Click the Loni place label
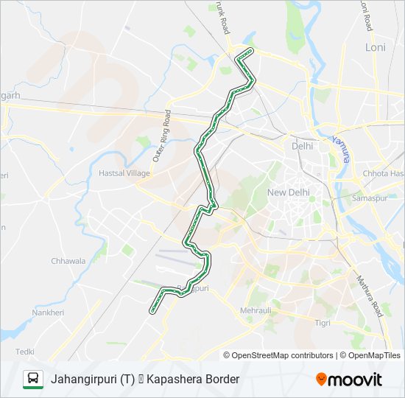click(376, 47)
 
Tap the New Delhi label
click(289, 192)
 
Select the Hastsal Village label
click(124, 173)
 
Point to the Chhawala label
click(68, 261)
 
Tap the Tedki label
click(25, 352)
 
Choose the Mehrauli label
click(256, 311)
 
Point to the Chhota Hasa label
click(383, 174)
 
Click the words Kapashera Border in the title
click(193, 380)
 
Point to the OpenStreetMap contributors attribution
click(283, 355)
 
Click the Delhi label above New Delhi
click(302, 146)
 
